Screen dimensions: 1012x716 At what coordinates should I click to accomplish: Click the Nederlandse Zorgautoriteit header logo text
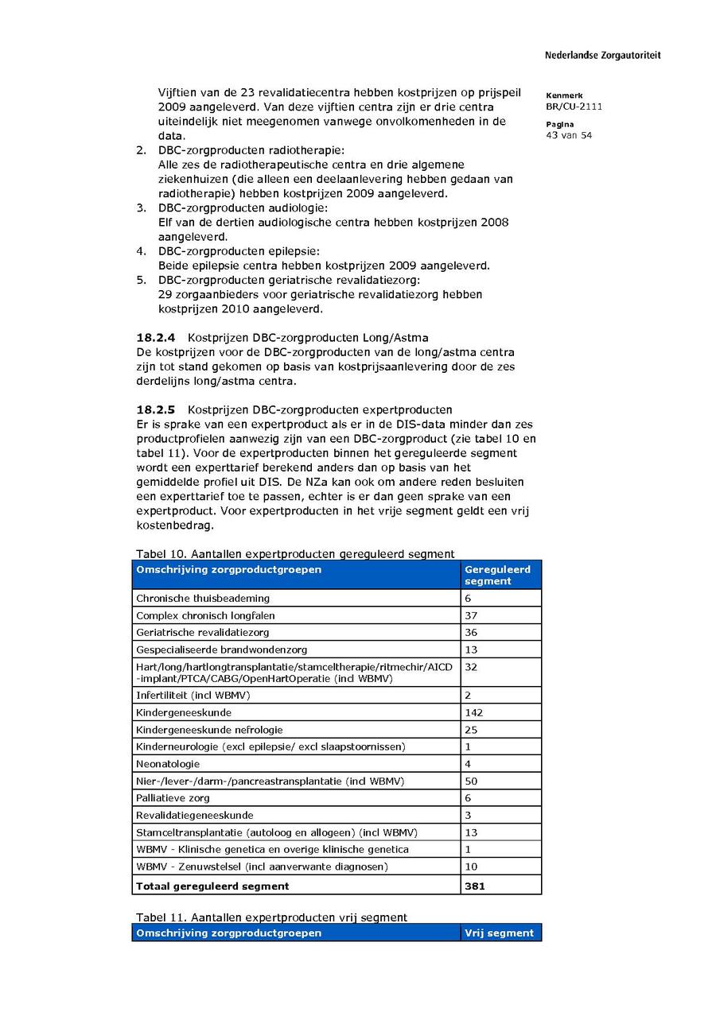(602, 56)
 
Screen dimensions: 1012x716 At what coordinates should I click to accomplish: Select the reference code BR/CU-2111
(574, 107)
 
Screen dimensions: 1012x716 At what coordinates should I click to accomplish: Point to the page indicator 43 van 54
(569, 135)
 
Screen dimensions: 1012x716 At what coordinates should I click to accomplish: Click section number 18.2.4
(156, 338)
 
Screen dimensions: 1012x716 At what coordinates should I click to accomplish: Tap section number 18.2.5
(156, 410)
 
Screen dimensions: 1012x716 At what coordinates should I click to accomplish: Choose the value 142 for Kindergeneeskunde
(473, 713)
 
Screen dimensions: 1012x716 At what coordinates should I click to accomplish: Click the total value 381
(475, 886)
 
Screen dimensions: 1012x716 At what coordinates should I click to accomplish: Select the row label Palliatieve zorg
(173, 798)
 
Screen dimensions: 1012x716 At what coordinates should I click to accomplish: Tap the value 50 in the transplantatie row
(471, 781)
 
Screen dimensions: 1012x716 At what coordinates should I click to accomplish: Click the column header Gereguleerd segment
(497, 575)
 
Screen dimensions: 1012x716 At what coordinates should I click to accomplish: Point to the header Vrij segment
(499, 933)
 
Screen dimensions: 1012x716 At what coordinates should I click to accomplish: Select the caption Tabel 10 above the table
(295, 554)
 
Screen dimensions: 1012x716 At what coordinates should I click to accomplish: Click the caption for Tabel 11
(271, 917)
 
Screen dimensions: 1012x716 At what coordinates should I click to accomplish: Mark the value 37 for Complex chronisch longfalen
(471, 616)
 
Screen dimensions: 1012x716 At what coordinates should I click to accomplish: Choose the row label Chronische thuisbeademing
(202, 599)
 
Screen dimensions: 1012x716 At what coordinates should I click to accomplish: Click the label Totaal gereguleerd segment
(212, 886)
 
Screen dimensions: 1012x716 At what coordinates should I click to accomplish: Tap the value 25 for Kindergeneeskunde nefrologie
(471, 730)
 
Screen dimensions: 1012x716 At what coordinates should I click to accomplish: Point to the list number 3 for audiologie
(140, 208)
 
